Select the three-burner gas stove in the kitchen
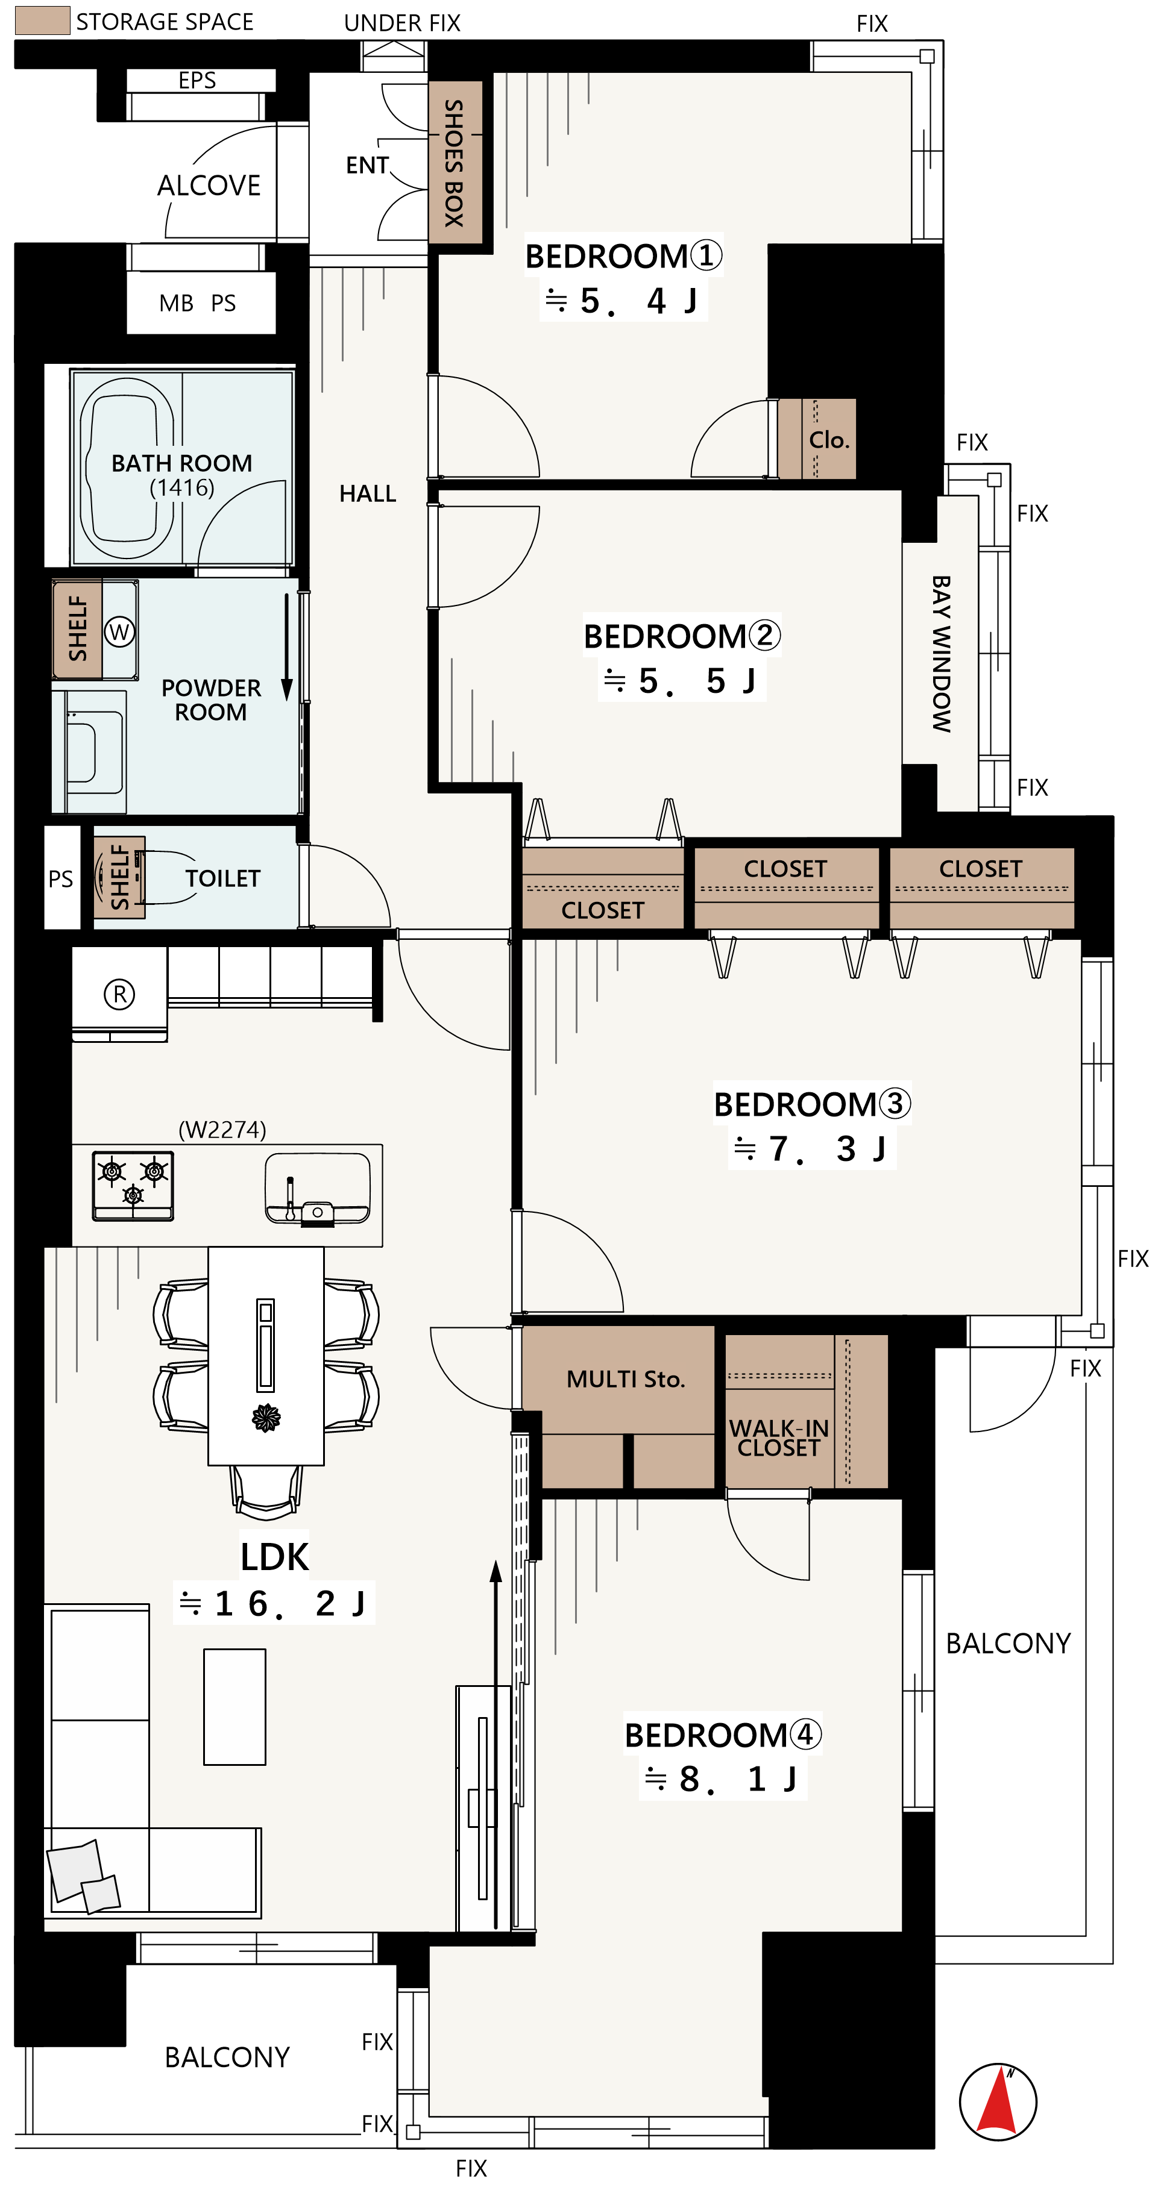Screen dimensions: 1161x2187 coord(133,1185)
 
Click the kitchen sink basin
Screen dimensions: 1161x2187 coord(318,1187)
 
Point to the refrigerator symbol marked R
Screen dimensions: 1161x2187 coord(119,993)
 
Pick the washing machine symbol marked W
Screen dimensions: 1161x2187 coord(120,631)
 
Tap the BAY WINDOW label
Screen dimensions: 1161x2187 coord(941,654)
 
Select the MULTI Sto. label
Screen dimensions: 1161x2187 coord(626,1378)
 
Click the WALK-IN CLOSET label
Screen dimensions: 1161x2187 coord(779,1438)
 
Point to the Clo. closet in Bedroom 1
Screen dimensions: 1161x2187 coord(816,439)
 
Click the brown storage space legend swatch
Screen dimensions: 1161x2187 coord(42,20)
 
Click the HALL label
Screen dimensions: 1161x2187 coord(368,493)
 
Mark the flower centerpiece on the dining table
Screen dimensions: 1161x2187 coord(266,1418)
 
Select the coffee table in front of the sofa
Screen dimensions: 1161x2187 coord(234,1706)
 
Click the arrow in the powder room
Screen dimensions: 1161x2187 coord(287,647)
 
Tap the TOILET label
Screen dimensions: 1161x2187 coord(222,878)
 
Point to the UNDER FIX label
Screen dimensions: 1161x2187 coord(403,23)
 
